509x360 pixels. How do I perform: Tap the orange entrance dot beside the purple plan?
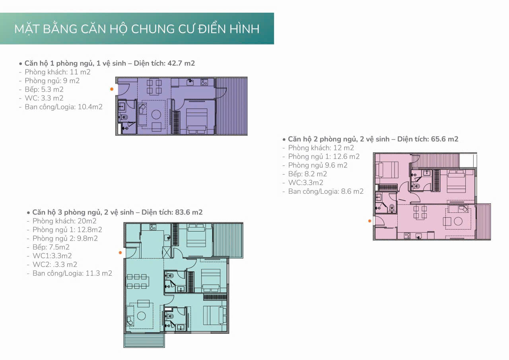[112, 89]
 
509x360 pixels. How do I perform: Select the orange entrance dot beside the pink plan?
[370, 221]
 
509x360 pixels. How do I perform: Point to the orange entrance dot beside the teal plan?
[120, 253]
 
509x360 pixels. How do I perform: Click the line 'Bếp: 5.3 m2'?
[44, 90]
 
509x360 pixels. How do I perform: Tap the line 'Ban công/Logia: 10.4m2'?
[64, 107]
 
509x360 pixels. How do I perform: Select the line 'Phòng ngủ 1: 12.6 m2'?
[324, 156]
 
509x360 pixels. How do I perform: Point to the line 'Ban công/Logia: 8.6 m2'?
[326, 191]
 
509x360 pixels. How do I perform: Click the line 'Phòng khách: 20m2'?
[64, 221]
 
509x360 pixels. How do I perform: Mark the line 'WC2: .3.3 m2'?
[55, 264]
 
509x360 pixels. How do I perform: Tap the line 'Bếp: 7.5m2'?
[51, 247]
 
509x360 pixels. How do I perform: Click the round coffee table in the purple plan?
[156, 115]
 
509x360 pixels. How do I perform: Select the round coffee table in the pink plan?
[458, 221]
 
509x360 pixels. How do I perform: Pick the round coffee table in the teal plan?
[141, 316]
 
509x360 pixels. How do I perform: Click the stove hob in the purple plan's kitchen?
[204, 82]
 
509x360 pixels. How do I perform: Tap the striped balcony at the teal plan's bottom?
[144, 340]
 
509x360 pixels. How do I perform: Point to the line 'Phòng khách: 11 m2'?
[58, 72]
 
